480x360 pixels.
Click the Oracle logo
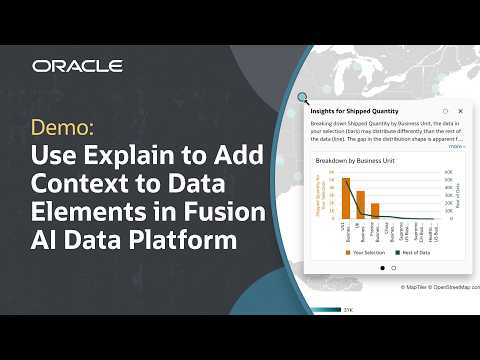point(77,66)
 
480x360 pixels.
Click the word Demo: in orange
point(64,128)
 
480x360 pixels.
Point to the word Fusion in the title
point(232,213)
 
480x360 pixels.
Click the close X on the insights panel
point(460,110)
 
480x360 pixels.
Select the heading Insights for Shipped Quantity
point(355,110)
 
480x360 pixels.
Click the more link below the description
point(456,146)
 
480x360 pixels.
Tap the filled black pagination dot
point(381,268)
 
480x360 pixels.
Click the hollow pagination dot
point(393,268)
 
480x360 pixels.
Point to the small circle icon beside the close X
point(444,110)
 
